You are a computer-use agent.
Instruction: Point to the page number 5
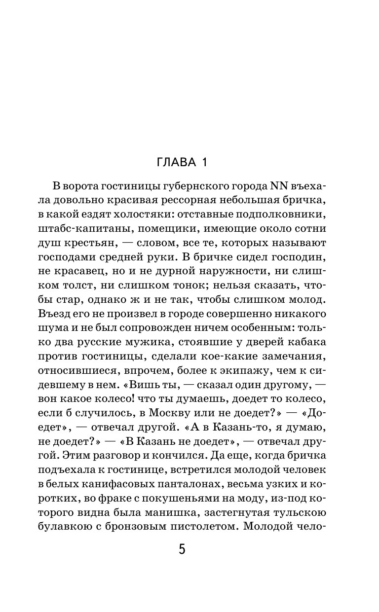click(182, 550)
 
